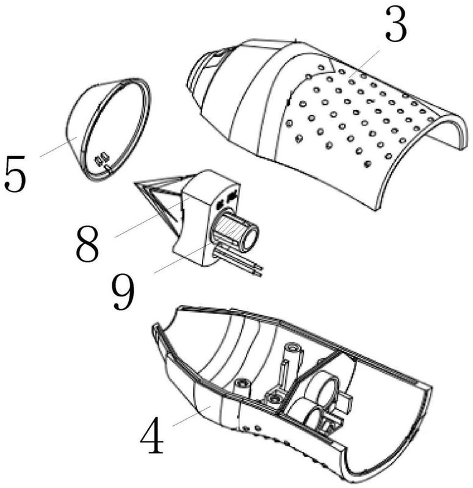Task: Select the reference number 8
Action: [x=88, y=244]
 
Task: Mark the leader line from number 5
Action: [x=58, y=147]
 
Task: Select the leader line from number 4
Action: [x=192, y=416]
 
